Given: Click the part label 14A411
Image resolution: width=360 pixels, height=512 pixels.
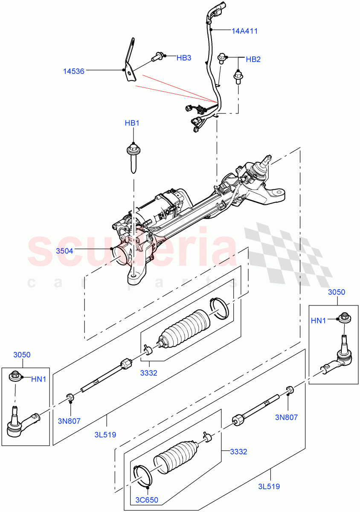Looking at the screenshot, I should [245, 31].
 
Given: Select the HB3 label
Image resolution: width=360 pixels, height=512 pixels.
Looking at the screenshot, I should [184, 58].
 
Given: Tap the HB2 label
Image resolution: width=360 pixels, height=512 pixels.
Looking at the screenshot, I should [253, 59].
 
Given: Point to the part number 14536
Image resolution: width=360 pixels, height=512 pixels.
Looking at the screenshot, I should [74, 71].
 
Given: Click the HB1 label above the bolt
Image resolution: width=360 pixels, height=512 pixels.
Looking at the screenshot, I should [132, 123].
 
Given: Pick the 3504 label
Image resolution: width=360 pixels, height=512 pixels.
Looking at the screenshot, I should [64, 251].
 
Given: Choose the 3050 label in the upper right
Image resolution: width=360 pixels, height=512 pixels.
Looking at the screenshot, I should [337, 292].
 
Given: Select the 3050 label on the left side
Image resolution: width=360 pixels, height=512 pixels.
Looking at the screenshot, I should [22, 355].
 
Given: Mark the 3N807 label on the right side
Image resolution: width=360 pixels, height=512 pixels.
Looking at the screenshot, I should [287, 417].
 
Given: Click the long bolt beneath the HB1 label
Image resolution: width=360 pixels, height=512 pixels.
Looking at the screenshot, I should [133, 159].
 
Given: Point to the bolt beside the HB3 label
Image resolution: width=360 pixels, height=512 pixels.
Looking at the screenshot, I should [158, 55].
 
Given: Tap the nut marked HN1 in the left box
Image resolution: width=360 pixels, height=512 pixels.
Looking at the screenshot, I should [15, 376].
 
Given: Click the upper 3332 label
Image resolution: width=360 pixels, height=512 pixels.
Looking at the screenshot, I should [148, 372].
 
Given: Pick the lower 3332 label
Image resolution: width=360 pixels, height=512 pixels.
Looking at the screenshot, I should [238, 451].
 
